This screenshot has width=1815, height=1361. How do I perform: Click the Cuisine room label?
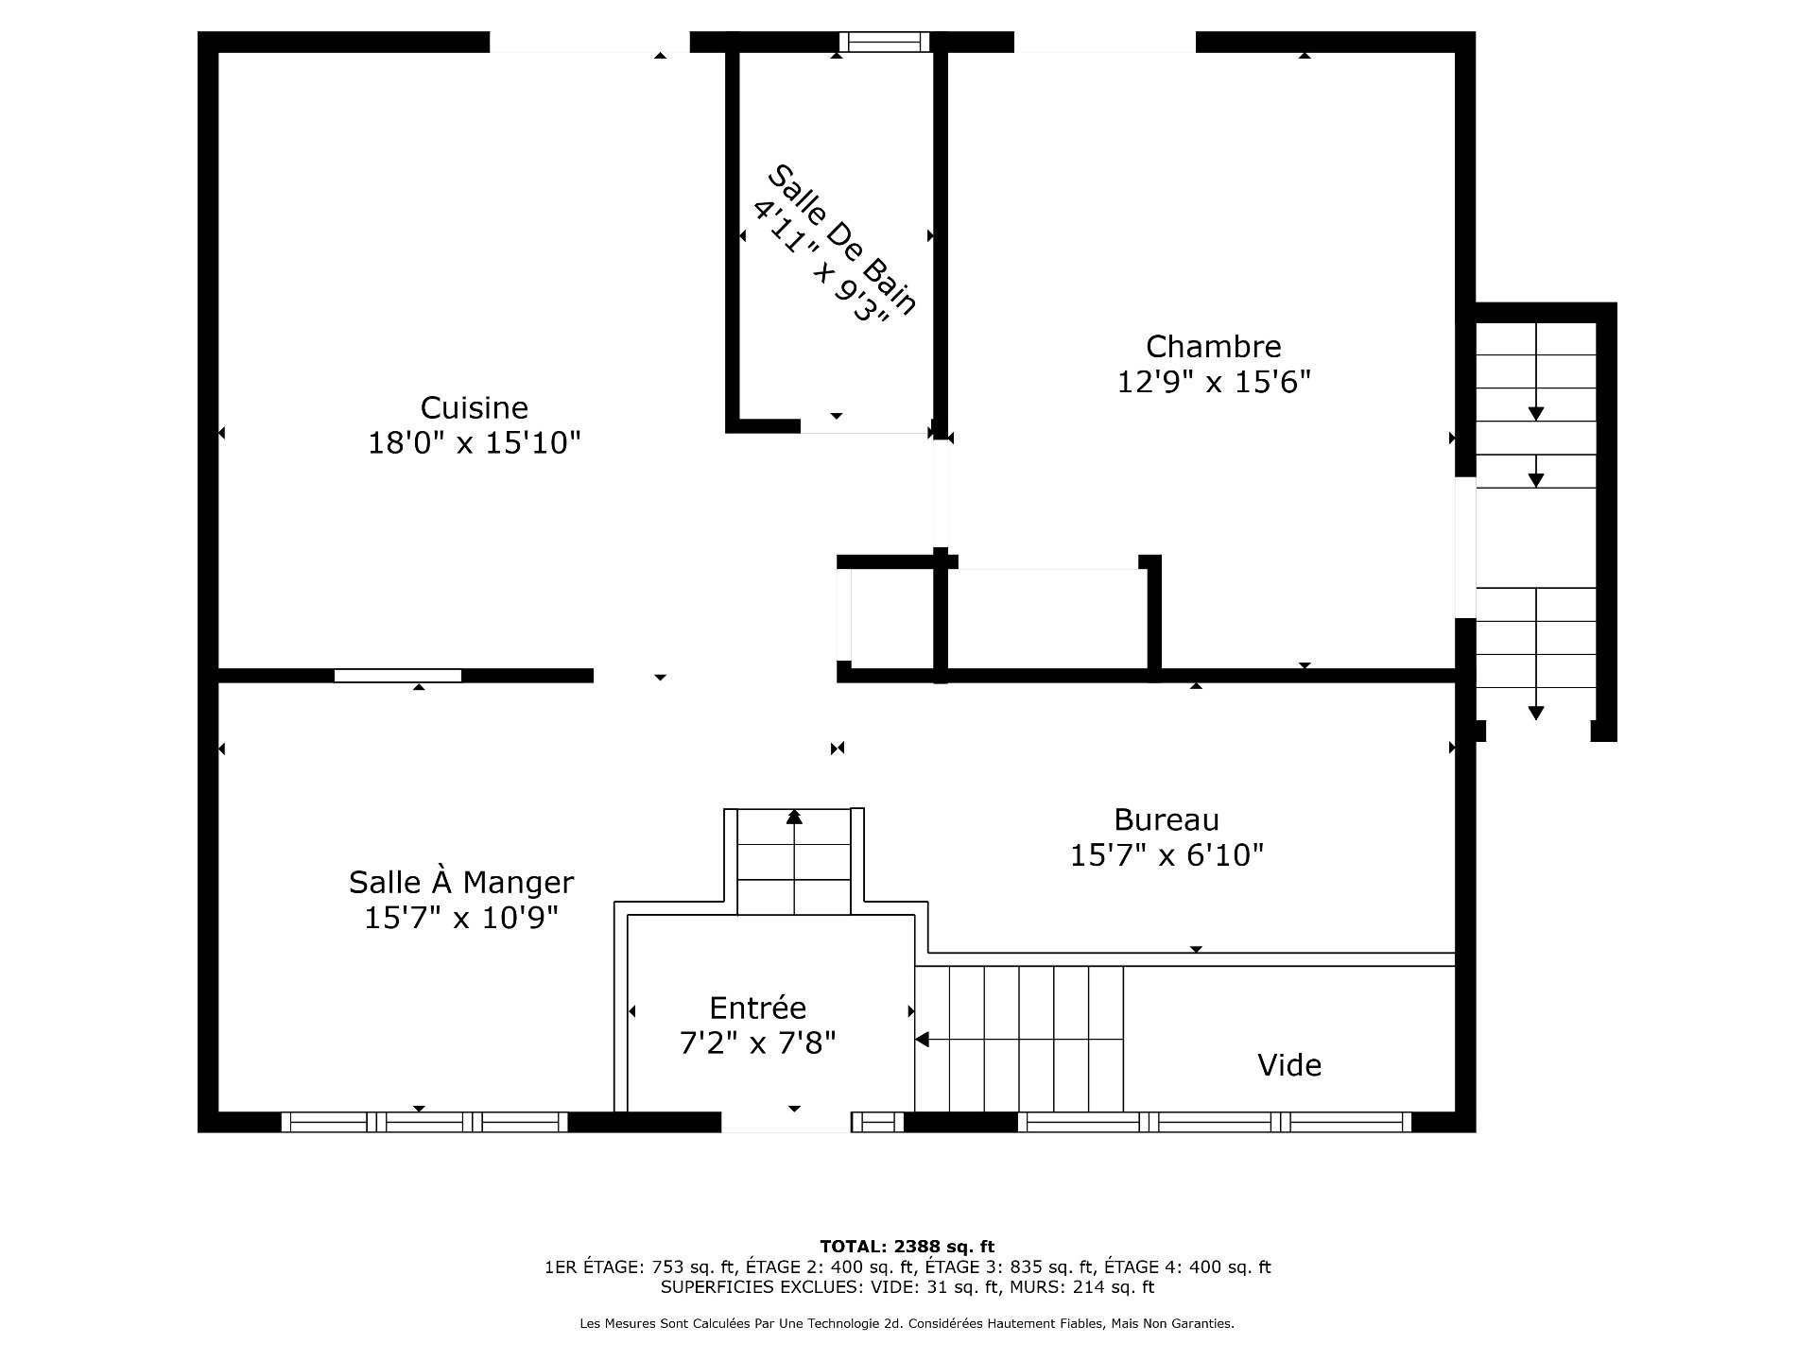click(474, 407)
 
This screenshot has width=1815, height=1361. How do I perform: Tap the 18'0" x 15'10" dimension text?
click(474, 442)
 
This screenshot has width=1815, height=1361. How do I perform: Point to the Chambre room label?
click(1213, 346)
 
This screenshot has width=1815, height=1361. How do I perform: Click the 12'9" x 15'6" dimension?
click(1213, 382)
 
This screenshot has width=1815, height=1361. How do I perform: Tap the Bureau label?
click(1166, 819)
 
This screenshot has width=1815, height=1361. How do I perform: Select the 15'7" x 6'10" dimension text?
click(1166, 855)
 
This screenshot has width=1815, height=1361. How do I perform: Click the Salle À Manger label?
click(460, 882)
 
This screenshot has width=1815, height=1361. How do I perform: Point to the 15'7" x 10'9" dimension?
click(460, 917)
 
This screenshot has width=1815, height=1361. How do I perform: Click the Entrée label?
click(757, 1008)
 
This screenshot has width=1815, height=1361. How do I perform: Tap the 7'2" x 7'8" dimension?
click(757, 1043)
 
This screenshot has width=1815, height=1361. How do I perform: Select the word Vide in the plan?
click(1288, 1065)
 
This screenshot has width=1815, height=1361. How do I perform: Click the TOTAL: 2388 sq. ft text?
click(907, 1247)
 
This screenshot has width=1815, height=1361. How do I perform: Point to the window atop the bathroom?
click(884, 42)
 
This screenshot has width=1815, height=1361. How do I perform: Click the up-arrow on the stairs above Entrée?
click(794, 817)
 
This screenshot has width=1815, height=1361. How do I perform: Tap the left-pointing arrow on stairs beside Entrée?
click(923, 1040)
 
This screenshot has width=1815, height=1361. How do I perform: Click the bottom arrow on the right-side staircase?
click(1536, 713)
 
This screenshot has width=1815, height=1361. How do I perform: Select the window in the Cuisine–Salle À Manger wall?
click(398, 675)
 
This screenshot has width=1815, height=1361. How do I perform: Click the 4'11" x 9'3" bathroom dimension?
click(821, 262)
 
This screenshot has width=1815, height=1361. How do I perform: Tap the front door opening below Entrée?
click(786, 1122)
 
